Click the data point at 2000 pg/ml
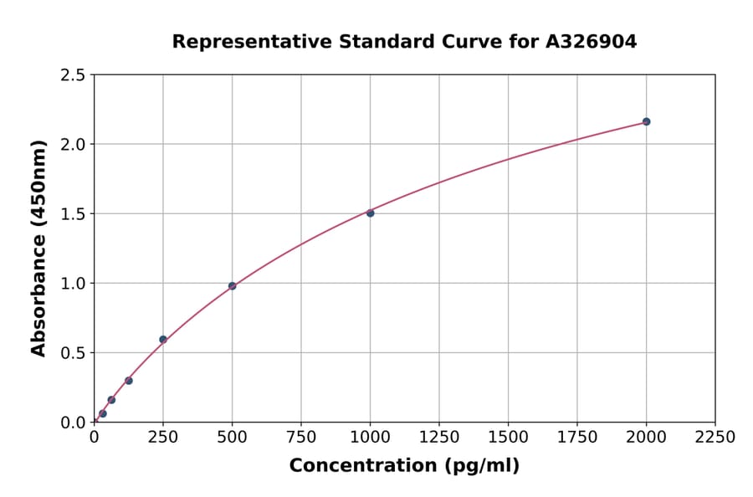[646, 121]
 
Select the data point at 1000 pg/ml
[370, 213]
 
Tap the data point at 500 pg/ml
[232, 286]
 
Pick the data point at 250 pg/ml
[163, 340]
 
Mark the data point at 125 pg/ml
[129, 381]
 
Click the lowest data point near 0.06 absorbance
[103, 413]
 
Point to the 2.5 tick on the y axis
[74, 75]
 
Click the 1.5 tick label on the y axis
[74, 214]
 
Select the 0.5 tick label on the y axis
[74, 353]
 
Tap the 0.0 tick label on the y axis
[74, 423]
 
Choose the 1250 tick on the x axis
[439, 438]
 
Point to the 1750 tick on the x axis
[577, 438]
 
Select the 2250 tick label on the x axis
[715, 438]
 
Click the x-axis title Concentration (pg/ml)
[404, 466]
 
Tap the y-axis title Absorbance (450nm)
[38, 248]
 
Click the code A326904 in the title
[592, 41]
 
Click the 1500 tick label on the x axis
[508, 438]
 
